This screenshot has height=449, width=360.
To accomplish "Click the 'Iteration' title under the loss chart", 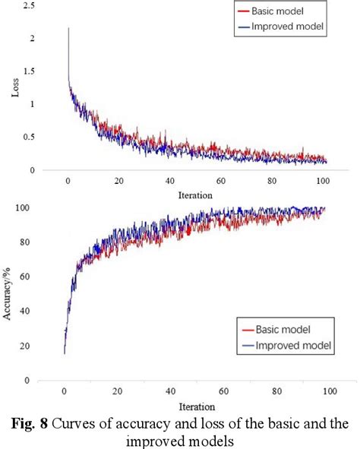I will [195, 195].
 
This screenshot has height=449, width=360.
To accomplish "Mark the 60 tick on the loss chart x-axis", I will [221, 182].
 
